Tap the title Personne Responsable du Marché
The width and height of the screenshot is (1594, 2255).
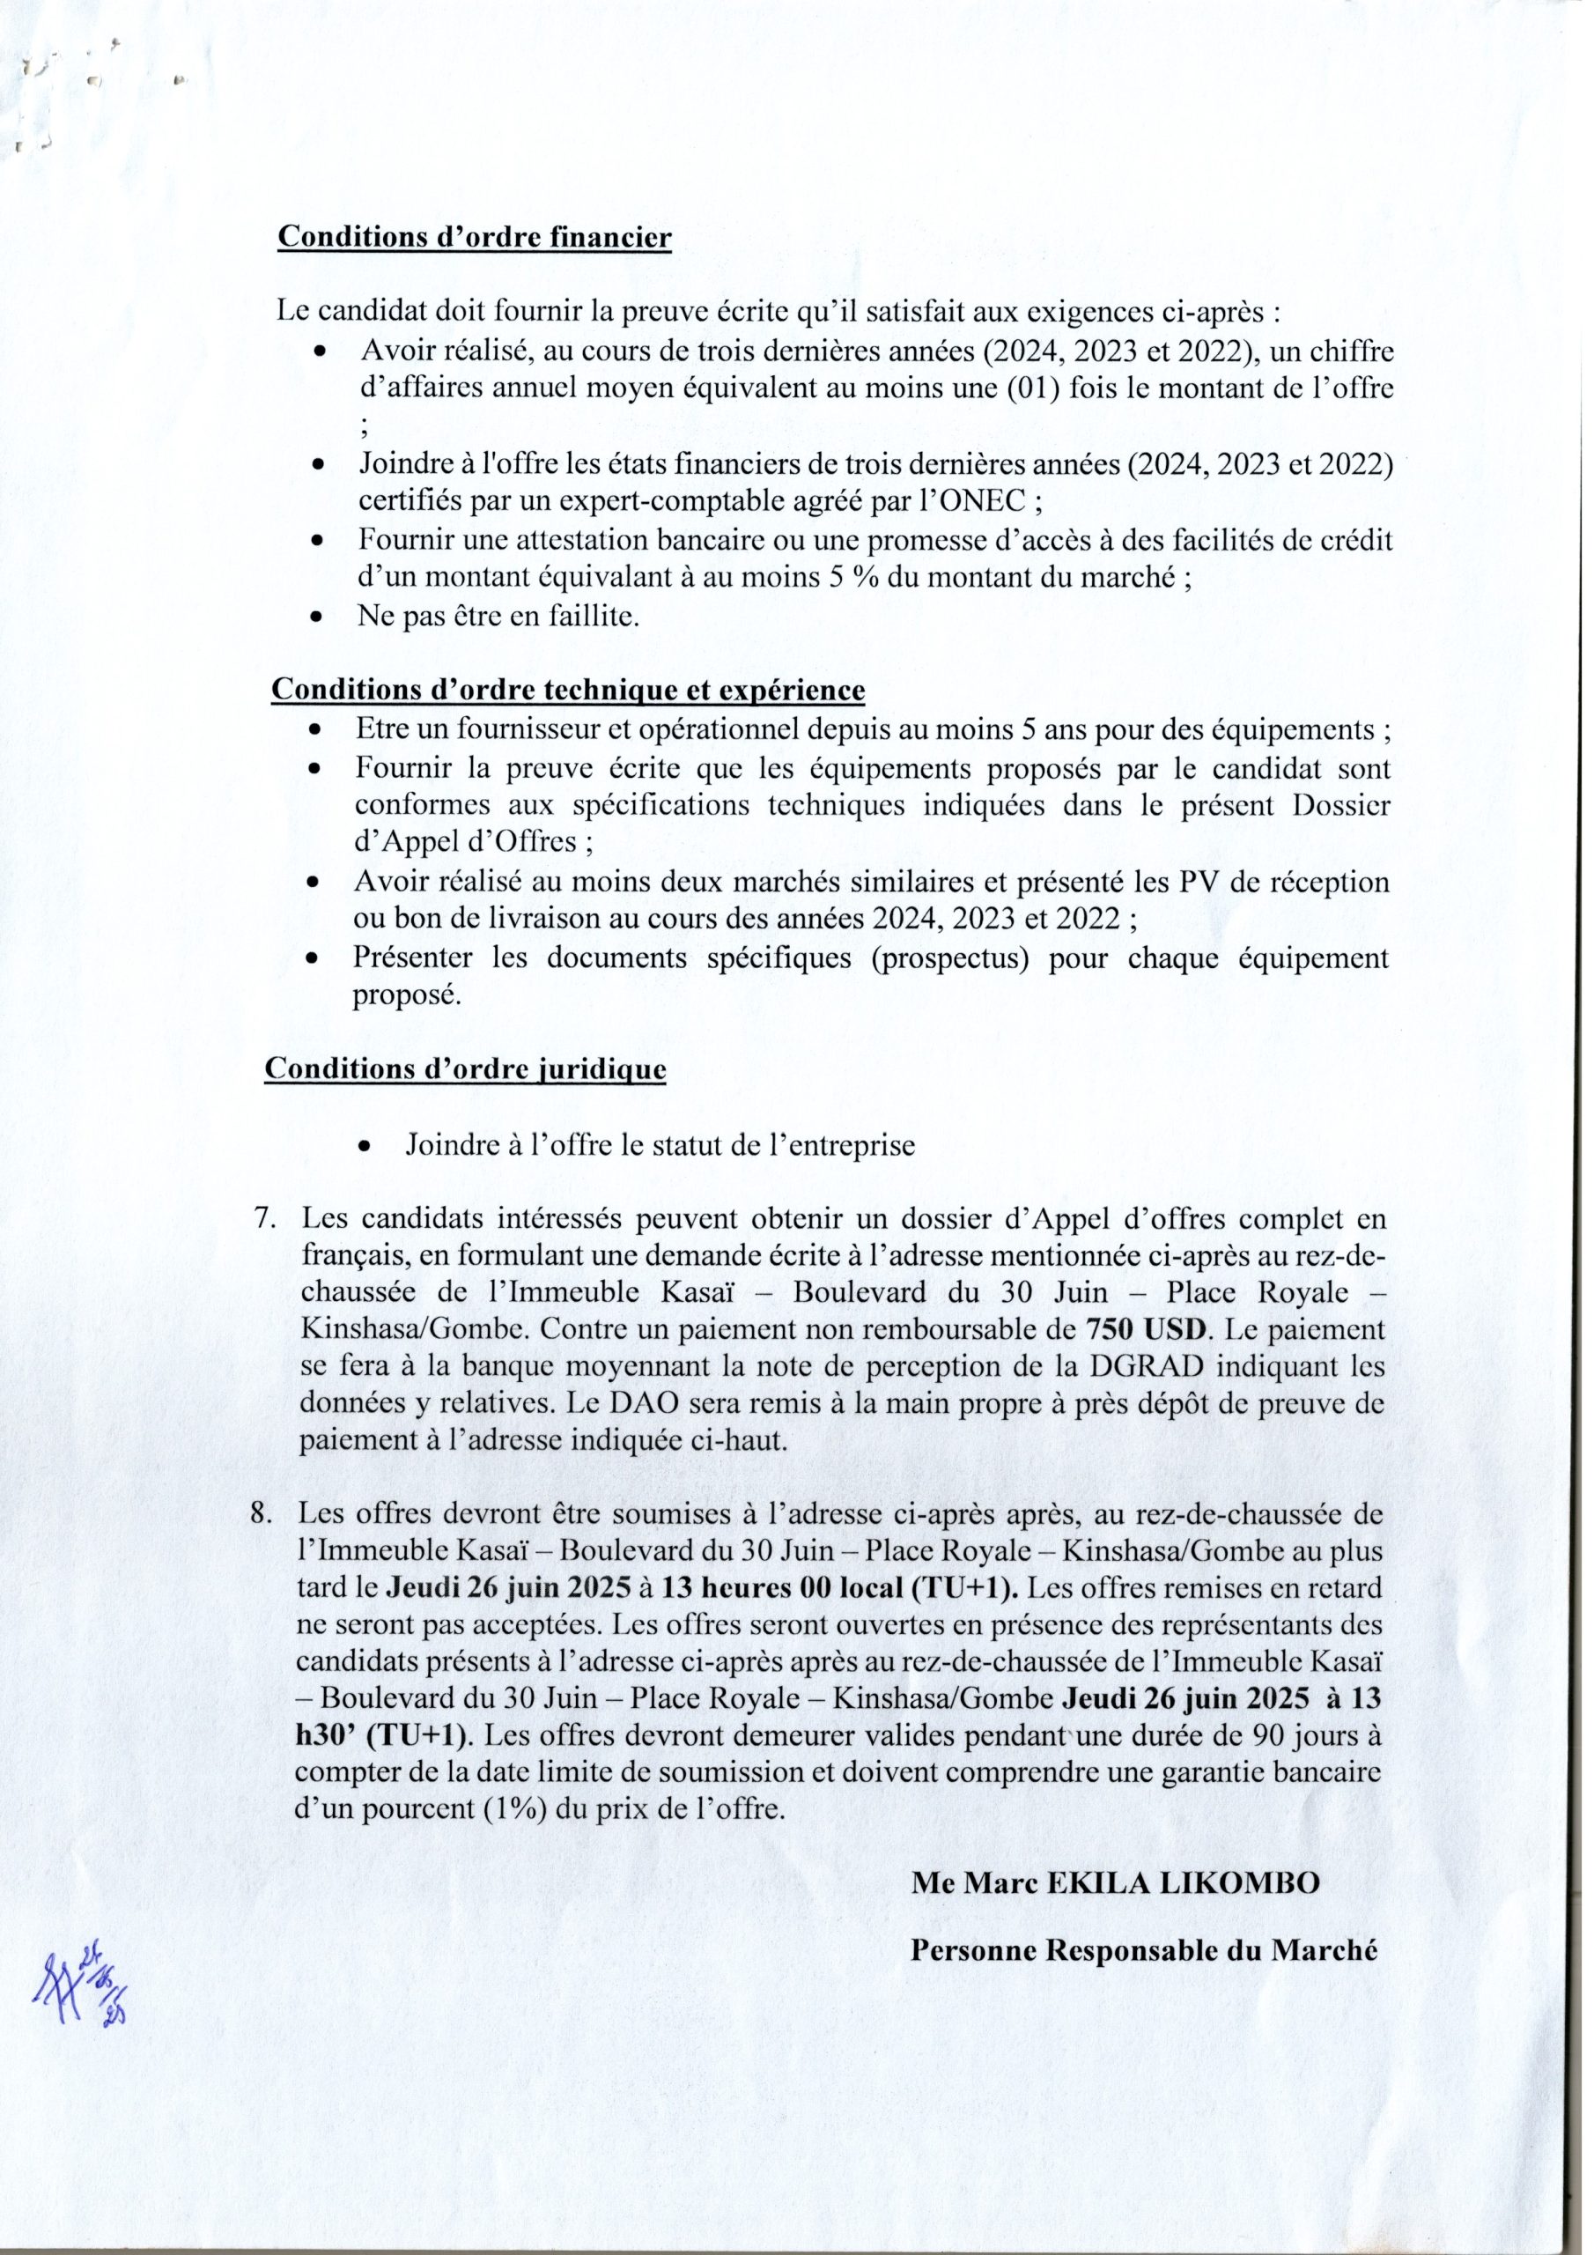click(x=1145, y=1950)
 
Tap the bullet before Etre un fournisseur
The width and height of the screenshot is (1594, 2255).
click(x=315, y=732)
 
